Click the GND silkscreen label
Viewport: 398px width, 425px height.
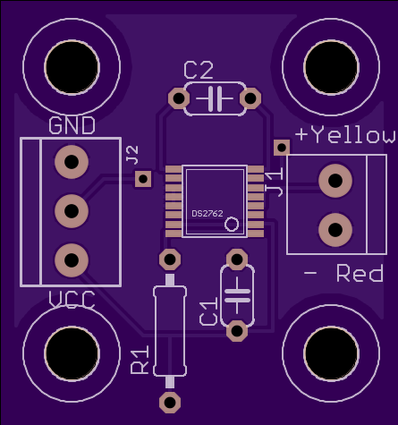click(x=72, y=125)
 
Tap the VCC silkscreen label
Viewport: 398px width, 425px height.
click(x=72, y=300)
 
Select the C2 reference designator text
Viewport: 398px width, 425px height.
click(x=199, y=70)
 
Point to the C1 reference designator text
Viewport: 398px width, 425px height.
click(x=208, y=310)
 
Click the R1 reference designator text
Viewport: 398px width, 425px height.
click(x=140, y=360)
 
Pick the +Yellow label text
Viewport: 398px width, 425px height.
click(x=346, y=135)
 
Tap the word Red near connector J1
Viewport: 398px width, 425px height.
click(x=360, y=273)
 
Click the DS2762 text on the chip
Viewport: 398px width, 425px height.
click(x=207, y=214)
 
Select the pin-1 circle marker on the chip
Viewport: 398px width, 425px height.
click(x=232, y=225)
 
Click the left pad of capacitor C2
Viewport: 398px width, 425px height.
click(x=179, y=98)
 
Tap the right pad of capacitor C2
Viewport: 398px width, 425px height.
click(x=250, y=98)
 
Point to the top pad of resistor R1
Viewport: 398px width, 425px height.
click(x=170, y=259)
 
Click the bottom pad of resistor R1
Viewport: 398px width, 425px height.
click(x=170, y=403)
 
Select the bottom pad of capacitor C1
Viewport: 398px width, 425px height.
click(x=237, y=331)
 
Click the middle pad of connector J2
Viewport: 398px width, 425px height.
click(x=72, y=211)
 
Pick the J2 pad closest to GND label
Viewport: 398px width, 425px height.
click(x=72, y=162)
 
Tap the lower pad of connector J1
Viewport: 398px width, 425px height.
click(x=335, y=230)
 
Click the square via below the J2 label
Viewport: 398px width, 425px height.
click(x=143, y=179)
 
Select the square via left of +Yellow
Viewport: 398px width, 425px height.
click(x=282, y=148)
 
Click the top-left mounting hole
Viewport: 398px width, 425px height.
click(x=72, y=67)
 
